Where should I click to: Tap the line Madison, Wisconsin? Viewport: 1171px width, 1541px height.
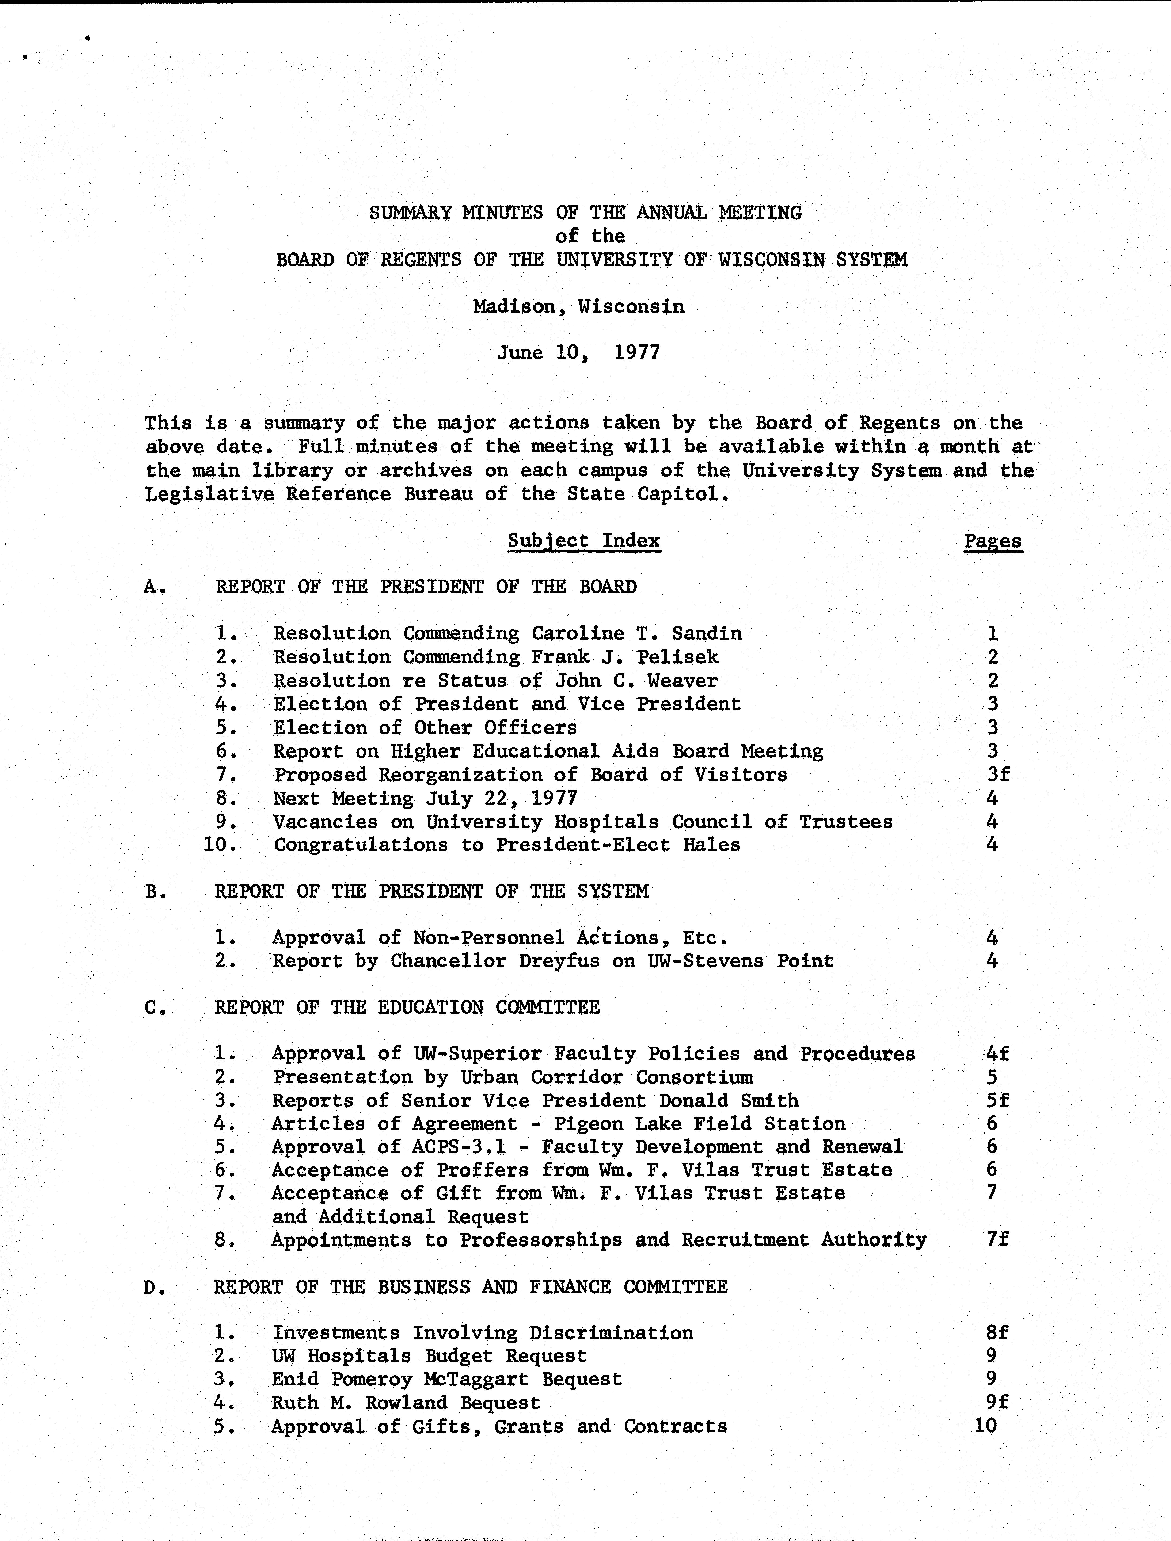(578, 306)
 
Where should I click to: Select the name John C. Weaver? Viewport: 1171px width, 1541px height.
(636, 681)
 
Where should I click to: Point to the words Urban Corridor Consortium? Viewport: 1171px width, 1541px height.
(606, 1077)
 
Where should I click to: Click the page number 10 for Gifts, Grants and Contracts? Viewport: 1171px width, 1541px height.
(986, 1426)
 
